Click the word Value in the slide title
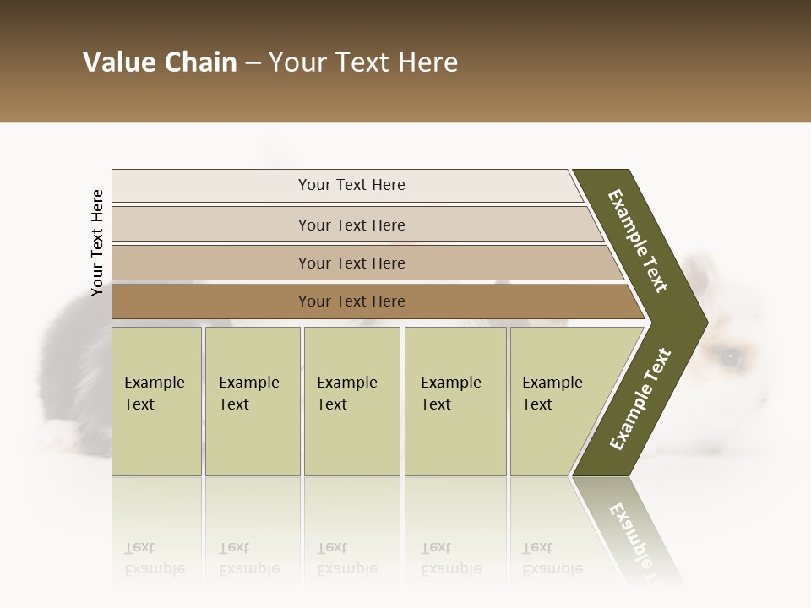118,62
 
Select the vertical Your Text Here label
97,242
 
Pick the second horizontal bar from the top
351,225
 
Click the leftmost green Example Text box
156,400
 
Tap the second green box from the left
252,400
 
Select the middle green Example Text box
351,400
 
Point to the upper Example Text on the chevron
639,241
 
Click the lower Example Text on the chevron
640,399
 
